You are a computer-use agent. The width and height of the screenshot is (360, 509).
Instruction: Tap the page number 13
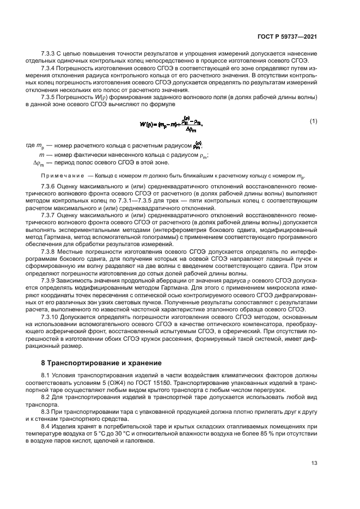[314, 463]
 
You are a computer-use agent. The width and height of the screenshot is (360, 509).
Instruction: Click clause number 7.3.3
[49, 53]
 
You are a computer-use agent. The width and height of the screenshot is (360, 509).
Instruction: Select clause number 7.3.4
[49, 69]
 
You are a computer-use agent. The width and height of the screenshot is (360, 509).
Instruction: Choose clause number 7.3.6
[49, 186]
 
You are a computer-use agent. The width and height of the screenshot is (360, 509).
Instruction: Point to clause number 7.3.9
[49, 280]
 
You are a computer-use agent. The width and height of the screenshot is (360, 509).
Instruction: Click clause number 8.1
[46, 376]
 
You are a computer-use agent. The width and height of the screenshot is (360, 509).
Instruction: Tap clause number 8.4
[46, 427]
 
